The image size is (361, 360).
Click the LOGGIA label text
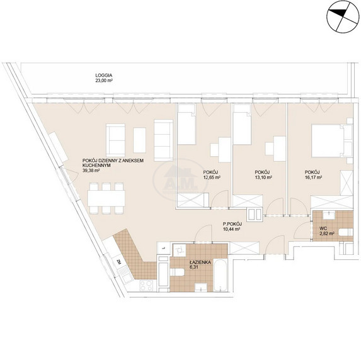pos(104,76)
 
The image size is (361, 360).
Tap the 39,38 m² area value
pos(91,171)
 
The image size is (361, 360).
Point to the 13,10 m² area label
pos(263,177)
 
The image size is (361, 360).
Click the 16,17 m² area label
pos(313,177)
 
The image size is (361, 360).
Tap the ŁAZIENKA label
pos(200,262)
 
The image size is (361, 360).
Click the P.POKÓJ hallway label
pos(232,223)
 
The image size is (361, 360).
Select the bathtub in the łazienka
pos(221,275)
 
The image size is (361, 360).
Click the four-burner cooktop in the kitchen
pos(146,286)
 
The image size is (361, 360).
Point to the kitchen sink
pos(125,274)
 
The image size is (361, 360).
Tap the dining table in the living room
pos(106,198)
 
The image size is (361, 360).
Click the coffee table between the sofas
pos(139,140)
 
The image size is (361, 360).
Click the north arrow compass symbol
pos(343,16)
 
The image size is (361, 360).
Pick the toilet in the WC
pos(346,232)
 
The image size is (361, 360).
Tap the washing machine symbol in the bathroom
pos(180,250)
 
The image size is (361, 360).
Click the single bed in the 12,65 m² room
pos(186,124)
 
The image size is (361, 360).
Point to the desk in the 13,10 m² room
pos(280,149)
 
